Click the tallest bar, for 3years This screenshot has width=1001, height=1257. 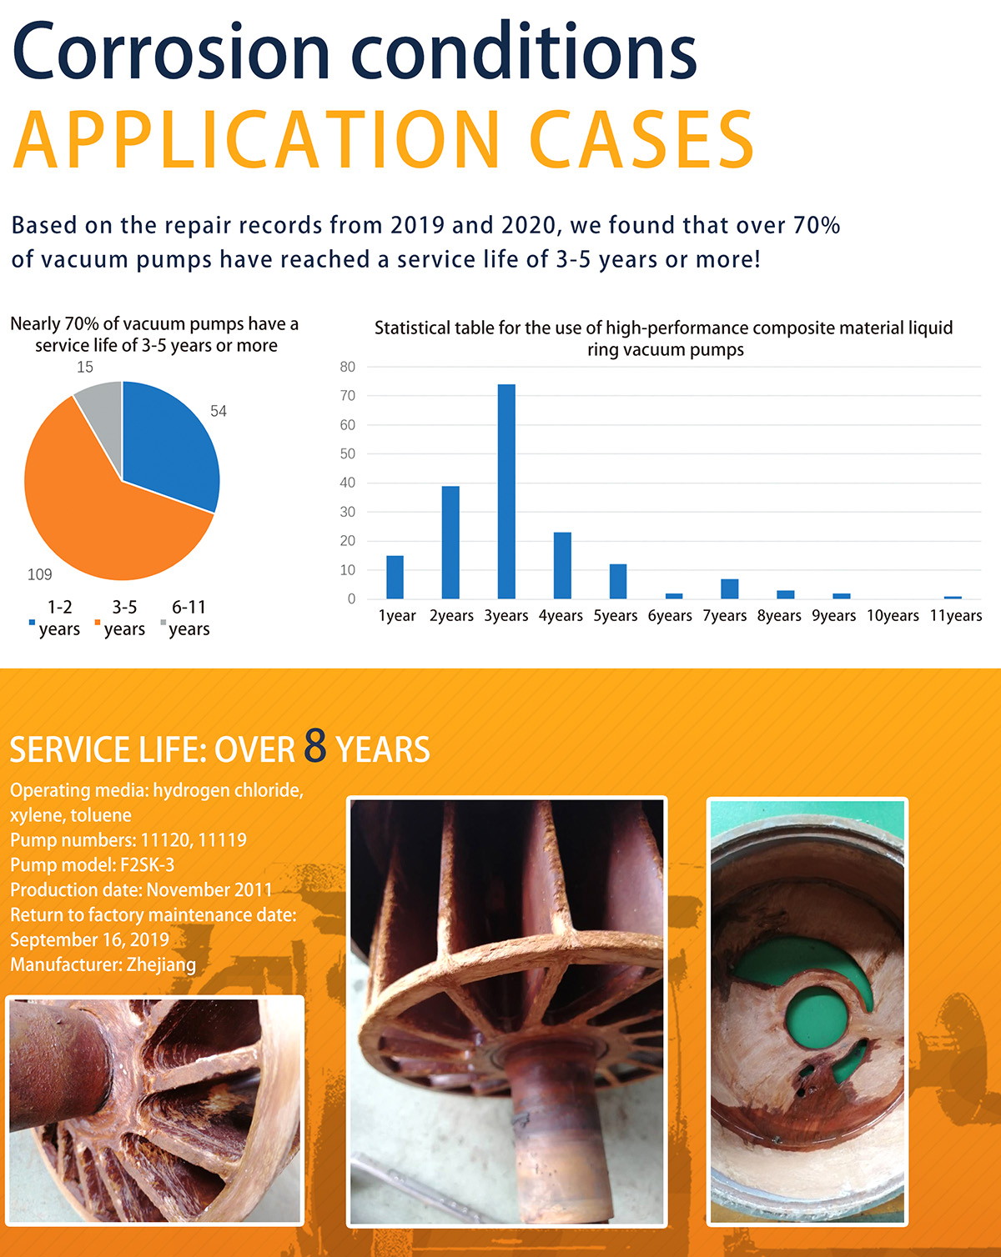click(x=506, y=491)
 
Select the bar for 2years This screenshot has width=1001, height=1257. click(x=450, y=542)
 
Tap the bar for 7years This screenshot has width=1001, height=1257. click(x=730, y=588)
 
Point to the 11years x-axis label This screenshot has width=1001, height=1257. click(x=956, y=616)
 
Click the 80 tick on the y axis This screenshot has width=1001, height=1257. click(x=347, y=367)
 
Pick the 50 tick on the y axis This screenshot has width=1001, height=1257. click(x=347, y=453)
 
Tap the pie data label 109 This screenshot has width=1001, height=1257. click(x=40, y=575)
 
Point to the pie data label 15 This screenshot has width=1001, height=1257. click(x=85, y=367)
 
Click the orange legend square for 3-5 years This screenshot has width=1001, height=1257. click(x=98, y=623)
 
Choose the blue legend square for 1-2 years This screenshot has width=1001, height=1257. click(x=33, y=623)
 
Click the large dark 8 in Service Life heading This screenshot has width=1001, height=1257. click(x=315, y=746)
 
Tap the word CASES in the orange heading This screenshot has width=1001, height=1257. click(x=642, y=140)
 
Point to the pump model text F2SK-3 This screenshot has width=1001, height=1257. click(x=148, y=865)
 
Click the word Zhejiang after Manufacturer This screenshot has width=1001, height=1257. click(x=161, y=965)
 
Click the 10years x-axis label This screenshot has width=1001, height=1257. click(x=893, y=616)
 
